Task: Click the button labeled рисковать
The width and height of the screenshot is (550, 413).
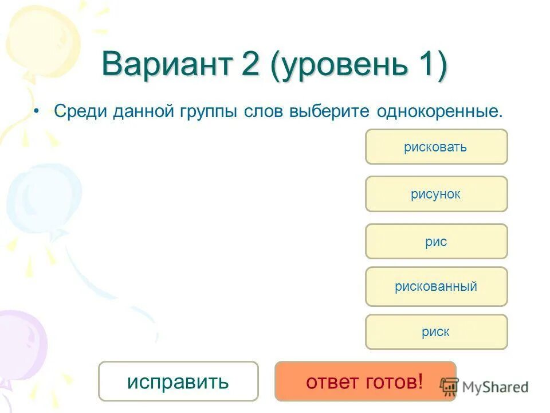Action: point(436,147)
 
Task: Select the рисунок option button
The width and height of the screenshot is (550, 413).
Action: point(436,194)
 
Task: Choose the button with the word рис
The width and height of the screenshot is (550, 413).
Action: point(436,241)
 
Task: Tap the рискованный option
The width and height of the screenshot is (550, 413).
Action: point(436,286)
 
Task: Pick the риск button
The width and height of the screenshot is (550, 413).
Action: point(436,332)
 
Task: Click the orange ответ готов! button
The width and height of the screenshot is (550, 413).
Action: point(365,381)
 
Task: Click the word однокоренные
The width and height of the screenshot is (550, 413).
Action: point(439,112)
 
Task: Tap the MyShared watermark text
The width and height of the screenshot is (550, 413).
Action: point(494,387)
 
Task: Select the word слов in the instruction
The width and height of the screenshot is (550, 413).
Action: point(264,111)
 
